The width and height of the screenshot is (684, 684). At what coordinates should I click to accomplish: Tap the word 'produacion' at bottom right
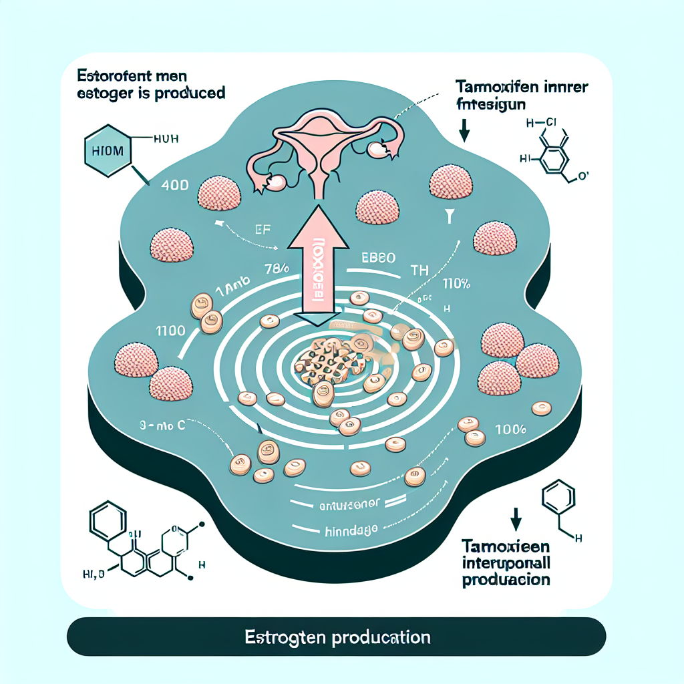[x=506, y=579]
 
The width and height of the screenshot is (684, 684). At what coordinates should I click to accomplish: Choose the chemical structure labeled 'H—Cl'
[x=546, y=151]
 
